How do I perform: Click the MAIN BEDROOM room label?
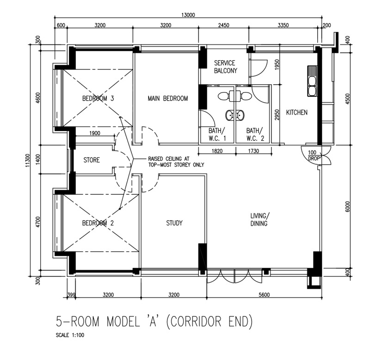click(x=168, y=98)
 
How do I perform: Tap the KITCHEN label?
click(x=296, y=112)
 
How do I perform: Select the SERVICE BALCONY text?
click(x=225, y=67)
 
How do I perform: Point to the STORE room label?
click(x=92, y=160)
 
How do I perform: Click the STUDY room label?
click(x=174, y=223)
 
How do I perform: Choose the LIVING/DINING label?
click(x=259, y=219)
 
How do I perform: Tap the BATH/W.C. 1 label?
click(x=217, y=134)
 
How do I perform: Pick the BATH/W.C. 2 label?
click(x=255, y=134)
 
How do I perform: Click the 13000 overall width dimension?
click(x=188, y=15)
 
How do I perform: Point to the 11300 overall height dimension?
click(x=28, y=161)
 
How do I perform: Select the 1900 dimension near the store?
click(x=95, y=133)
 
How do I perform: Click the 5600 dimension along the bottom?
click(x=264, y=295)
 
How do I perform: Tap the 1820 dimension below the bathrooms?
click(x=217, y=151)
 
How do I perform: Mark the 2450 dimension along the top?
click(x=223, y=25)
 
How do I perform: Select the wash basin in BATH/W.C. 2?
click(x=240, y=115)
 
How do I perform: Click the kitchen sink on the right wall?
click(x=312, y=81)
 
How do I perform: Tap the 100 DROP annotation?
click(x=314, y=155)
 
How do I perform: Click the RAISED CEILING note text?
click(x=176, y=161)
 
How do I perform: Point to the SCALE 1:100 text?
click(x=70, y=335)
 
